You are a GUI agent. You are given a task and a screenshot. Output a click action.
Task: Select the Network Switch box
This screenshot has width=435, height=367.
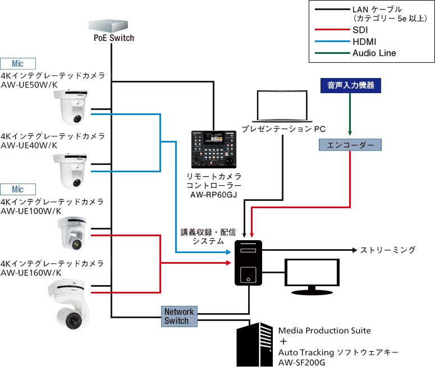[179, 316]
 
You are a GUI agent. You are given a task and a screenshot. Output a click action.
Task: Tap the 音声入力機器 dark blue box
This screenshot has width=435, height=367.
[350, 86]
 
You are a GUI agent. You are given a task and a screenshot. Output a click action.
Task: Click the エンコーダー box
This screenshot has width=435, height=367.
[350, 145]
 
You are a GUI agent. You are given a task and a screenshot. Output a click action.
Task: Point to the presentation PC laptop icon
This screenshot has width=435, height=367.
[283, 105]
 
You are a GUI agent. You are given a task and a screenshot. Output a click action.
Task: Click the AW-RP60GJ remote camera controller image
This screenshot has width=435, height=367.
[213, 149]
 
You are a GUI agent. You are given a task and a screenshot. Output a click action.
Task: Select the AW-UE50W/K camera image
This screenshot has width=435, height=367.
[71, 107]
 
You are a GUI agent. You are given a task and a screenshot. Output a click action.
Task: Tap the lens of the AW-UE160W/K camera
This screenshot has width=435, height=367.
[72, 320]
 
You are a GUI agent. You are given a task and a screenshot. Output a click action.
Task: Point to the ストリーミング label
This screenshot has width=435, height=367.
[388, 250]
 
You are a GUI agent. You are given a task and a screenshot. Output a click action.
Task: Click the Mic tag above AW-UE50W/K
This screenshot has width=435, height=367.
[18, 64]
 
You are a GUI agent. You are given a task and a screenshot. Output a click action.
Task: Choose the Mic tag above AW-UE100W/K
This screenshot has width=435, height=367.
[18, 189]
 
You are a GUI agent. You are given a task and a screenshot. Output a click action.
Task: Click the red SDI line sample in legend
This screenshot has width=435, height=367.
[331, 30]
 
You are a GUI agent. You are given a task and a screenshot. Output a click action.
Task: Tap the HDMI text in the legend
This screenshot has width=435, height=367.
[364, 42]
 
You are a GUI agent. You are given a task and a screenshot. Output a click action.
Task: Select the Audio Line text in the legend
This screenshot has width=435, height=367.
[374, 53]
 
